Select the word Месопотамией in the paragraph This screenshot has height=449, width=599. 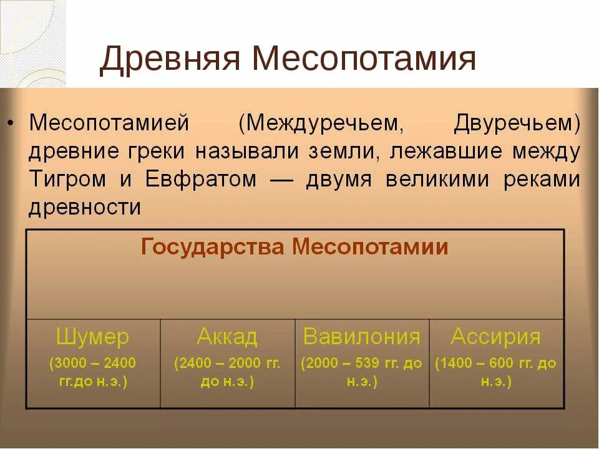[x=109, y=123]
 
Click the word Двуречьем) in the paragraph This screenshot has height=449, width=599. [x=517, y=123]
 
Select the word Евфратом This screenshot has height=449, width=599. [x=200, y=180]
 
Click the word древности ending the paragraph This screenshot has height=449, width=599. [x=85, y=208]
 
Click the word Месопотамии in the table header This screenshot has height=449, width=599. [x=371, y=248]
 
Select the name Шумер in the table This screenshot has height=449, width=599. [x=92, y=337]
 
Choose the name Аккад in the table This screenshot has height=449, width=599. [x=227, y=337]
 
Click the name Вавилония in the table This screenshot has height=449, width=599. [x=362, y=337]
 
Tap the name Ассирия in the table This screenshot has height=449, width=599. [x=496, y=337]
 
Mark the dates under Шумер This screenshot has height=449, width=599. [x=92, y=372]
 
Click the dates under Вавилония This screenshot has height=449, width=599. [x=362, y=372]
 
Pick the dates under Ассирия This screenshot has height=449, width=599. [x=496, y=372]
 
